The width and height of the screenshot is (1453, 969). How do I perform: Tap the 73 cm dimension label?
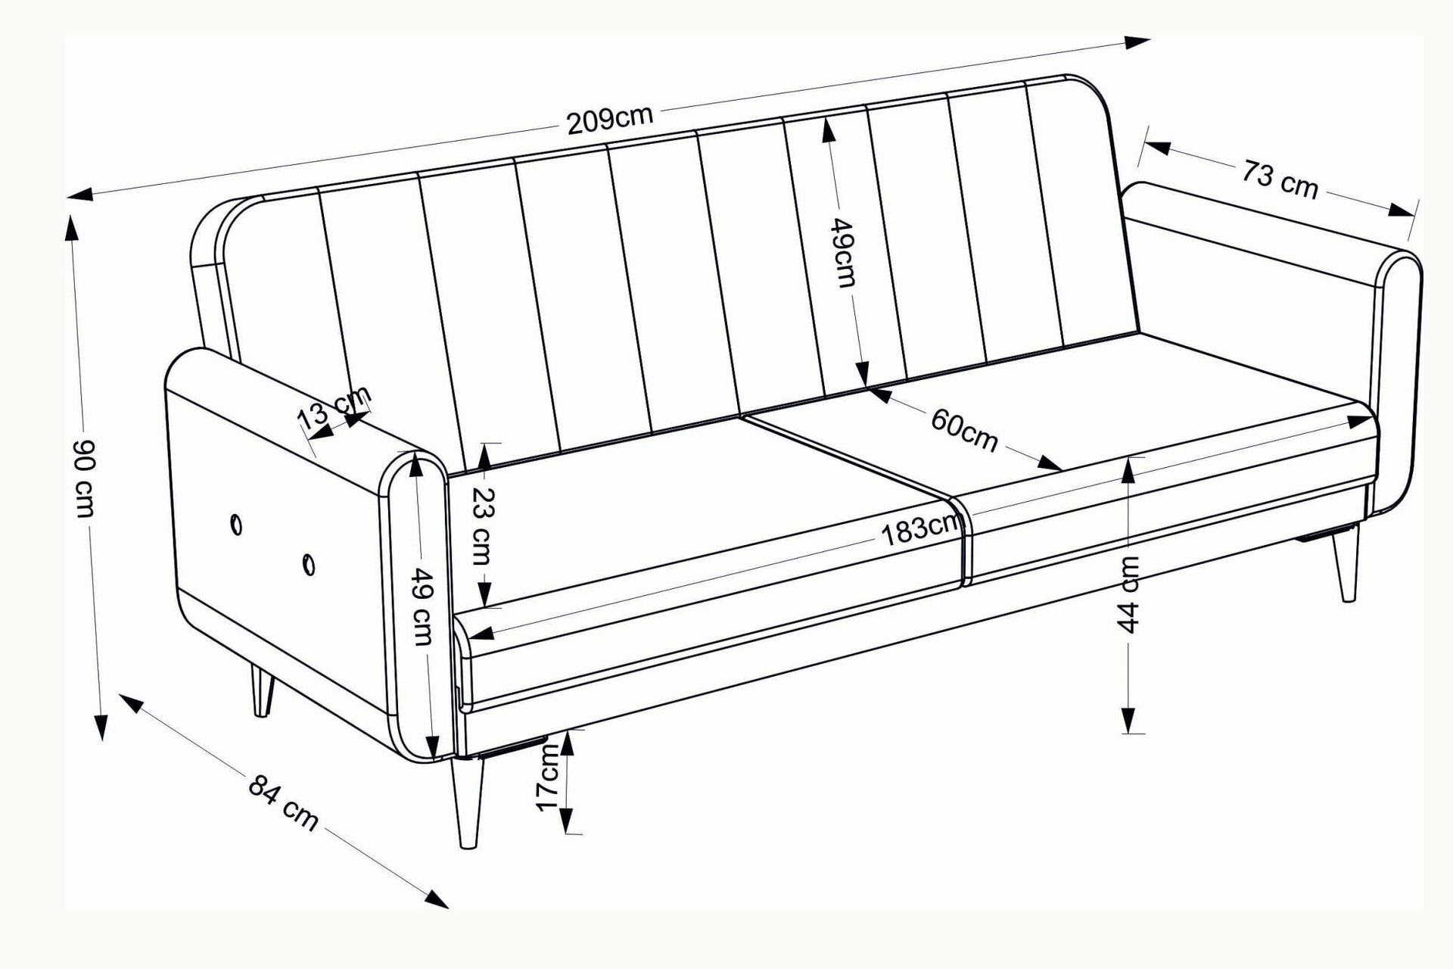click(1280, 179)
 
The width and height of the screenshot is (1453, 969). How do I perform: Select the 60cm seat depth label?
click(964, 430)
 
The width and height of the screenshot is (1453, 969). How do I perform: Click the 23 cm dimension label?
click(482, 527)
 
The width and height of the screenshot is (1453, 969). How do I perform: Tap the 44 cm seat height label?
click(1128, 595)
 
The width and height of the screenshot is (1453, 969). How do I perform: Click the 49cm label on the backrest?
click(844, 253)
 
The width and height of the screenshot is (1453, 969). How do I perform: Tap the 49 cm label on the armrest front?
click(421, 606)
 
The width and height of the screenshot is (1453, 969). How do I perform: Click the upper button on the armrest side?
click(236, 525)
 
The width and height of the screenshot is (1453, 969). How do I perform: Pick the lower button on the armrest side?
click(308, 565)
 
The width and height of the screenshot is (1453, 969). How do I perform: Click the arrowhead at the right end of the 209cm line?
click(1137, 42)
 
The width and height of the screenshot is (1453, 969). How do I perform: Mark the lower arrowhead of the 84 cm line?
click(436, 899)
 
